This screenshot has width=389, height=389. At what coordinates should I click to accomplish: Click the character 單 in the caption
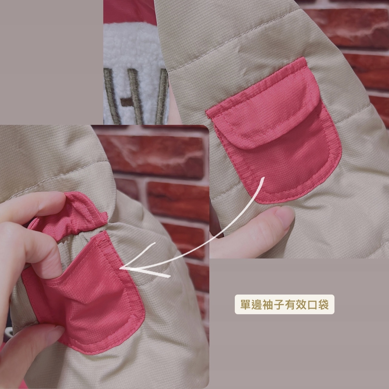(x=245, y=304)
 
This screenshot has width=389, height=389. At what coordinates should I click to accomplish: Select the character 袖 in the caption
(x=268, y=304)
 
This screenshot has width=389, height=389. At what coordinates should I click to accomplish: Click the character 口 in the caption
(x=312, y=304)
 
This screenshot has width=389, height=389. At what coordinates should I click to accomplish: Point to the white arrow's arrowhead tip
(x=121, y=268)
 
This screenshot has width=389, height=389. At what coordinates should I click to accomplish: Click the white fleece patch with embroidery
(x=135, y=73)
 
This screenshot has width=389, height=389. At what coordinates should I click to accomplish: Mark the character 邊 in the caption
(x=257, y=304)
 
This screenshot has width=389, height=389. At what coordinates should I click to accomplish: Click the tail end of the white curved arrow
(x=263, y=178)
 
